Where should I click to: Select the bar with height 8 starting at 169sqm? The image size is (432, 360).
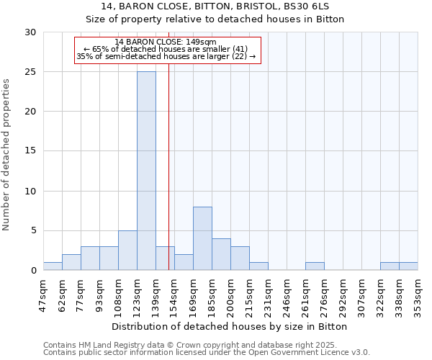point(202,238)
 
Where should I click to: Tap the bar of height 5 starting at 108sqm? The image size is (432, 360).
point(127,250)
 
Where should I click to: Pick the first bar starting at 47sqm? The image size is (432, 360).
point(53,266)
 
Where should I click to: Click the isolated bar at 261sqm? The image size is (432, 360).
point(315,266)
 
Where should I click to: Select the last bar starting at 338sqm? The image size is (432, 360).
point(408,266)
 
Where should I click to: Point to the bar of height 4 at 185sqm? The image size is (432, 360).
point(221,254)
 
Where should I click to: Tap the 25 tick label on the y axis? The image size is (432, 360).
point(30,72)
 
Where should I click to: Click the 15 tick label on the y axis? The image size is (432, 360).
point(30,151)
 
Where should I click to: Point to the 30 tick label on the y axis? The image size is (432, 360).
point(30,32)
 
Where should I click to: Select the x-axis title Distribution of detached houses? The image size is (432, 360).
point(230,326)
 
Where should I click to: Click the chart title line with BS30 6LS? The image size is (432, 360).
point(216,6)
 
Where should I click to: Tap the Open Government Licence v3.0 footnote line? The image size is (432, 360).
point(207,353)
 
